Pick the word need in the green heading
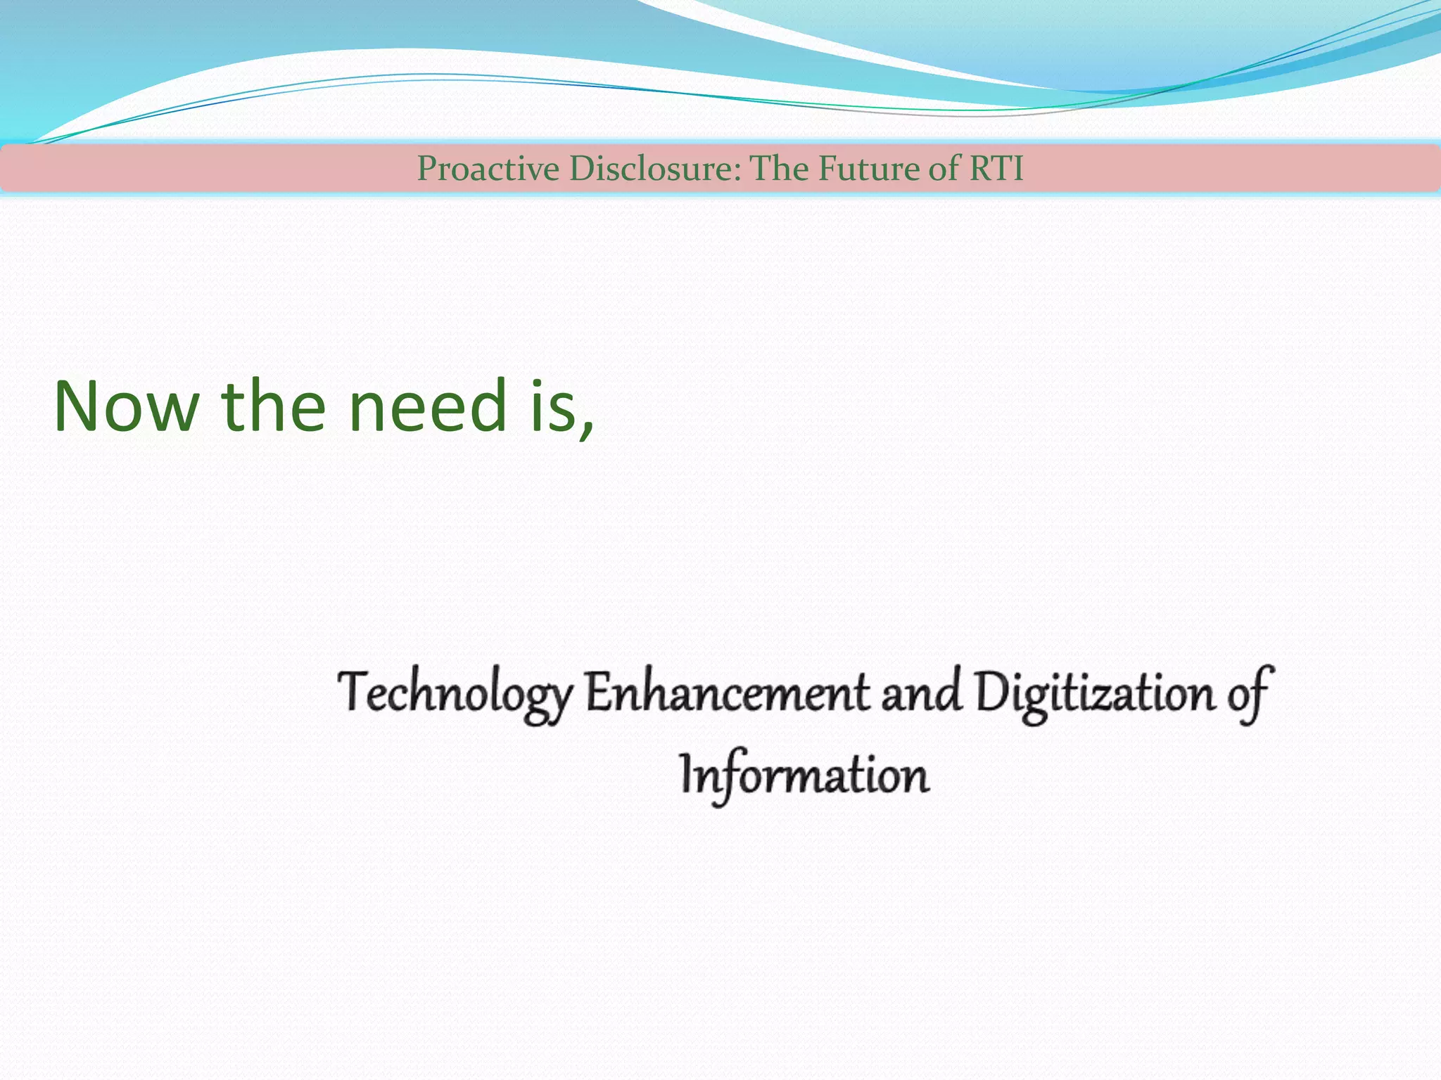(428, 406)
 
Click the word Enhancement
(728, 693)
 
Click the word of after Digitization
(1249, 693)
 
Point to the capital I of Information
(687, 773)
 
